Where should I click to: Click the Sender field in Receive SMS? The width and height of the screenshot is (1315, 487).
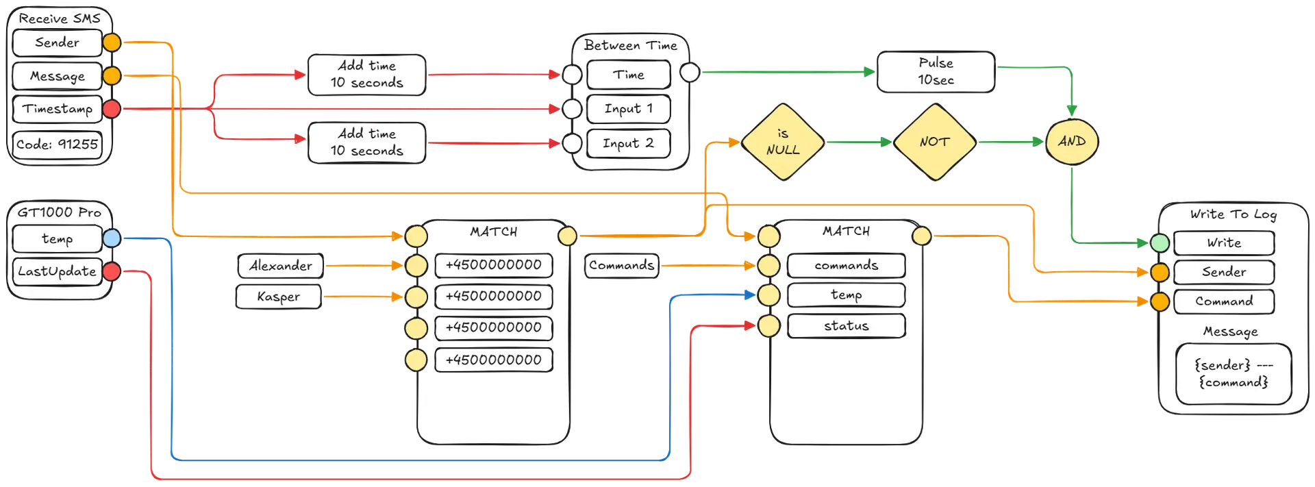point(57,42)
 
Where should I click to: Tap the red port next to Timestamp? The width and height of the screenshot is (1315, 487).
point(112,108)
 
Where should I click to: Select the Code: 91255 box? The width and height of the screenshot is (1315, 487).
point(57,145)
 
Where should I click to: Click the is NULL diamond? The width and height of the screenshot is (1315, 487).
point(783,142)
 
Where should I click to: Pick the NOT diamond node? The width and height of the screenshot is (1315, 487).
point(934,142)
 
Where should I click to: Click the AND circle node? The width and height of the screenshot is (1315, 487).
point(1071,141)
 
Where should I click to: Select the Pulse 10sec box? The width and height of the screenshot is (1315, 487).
point(936,71)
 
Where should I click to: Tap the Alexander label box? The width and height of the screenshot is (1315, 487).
point(280,266)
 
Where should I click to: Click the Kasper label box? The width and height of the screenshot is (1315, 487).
point(278,297)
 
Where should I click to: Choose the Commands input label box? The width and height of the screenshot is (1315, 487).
point(622,266)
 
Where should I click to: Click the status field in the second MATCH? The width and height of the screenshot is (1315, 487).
point(846,326)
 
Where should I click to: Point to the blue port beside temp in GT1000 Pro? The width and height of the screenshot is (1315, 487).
point(112,238)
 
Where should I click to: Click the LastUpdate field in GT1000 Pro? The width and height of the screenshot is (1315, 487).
point(57,271)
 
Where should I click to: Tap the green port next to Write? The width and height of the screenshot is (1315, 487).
point(1160,242)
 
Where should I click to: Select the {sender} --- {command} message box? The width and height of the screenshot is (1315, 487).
point(1233,374)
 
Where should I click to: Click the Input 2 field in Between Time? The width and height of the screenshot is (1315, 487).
point(628,144)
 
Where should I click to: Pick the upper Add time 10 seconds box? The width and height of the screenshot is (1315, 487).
point(366,74)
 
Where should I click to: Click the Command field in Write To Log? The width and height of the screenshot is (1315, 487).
point(1224,301)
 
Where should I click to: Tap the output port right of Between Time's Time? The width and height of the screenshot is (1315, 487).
point(690,72)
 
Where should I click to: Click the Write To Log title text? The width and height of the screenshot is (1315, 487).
point(1233,214)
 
